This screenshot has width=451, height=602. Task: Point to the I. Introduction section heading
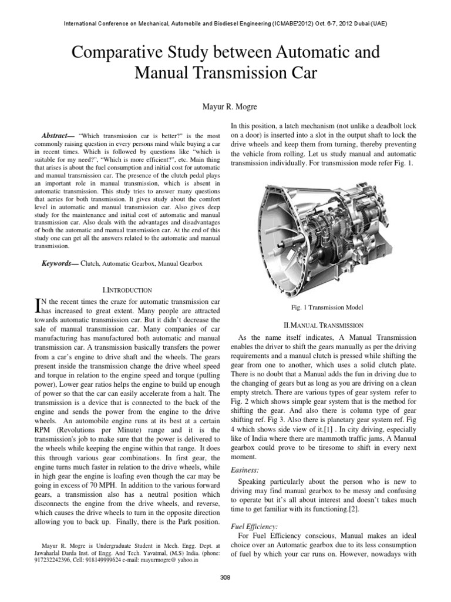(x=127, y=290)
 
